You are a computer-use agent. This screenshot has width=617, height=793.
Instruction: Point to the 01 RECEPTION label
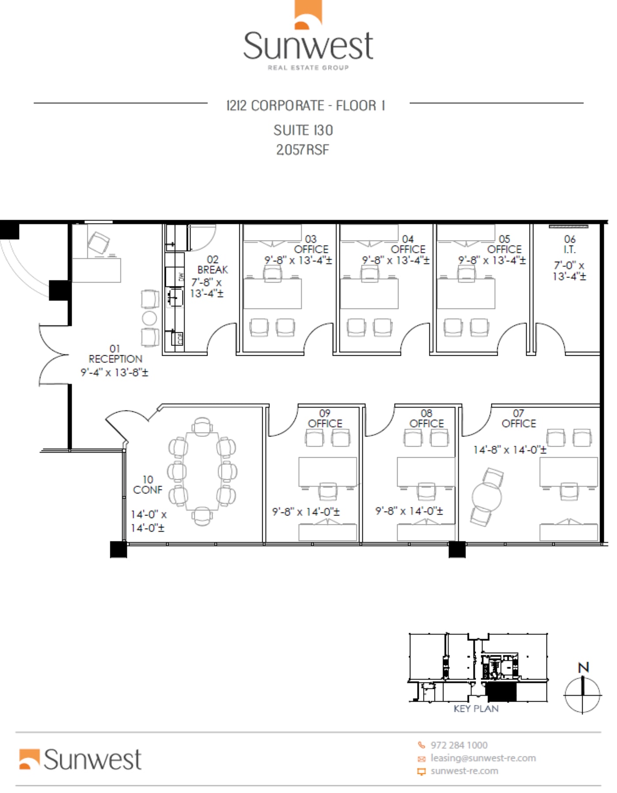(115, 354)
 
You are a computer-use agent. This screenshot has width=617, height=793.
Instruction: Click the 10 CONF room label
(148, 485)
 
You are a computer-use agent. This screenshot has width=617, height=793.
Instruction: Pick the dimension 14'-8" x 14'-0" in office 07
(510, 450)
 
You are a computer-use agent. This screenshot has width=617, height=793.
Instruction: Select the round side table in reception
(149, 318)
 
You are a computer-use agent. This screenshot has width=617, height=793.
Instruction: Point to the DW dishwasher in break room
(181, 277)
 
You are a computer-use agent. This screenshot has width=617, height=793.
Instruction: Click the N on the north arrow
(584, 668)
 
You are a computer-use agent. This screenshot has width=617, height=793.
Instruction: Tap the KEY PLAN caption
(476, 709)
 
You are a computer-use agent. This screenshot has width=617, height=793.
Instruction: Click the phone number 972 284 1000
(459, 745)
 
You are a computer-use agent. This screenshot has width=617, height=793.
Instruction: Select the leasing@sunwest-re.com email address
(483, 758)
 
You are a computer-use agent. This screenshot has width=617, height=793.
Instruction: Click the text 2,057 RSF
(303, 150)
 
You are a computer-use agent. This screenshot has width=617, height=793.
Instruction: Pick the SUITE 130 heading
(303, 131)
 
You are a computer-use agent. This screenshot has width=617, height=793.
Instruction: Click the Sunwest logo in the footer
(80, 759)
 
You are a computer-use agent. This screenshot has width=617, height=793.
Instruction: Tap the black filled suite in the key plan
(501, 693)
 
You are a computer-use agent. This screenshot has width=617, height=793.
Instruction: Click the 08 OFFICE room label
(426, 419)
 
